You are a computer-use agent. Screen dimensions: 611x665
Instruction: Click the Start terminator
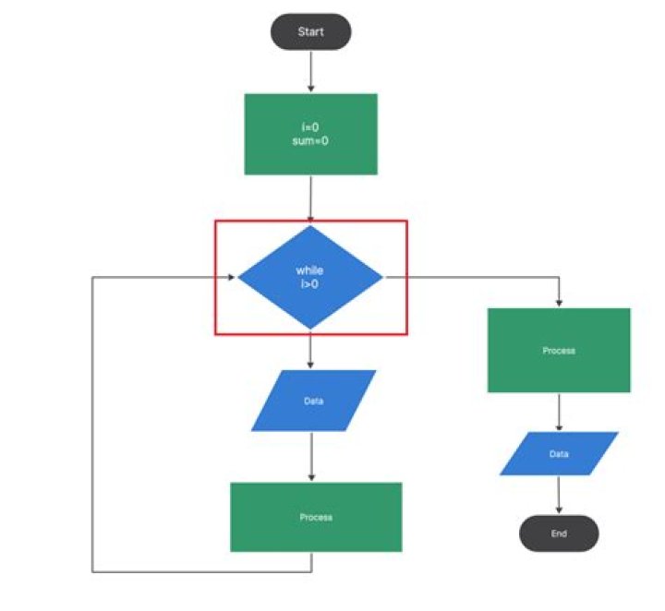310,31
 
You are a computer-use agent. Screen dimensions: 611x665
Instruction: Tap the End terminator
558,533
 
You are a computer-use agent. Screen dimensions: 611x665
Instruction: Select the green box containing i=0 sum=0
310,134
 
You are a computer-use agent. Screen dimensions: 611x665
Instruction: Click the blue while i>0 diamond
310,276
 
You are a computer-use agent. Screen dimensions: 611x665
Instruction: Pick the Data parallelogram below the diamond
313,401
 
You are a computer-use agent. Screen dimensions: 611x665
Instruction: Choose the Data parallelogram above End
559,454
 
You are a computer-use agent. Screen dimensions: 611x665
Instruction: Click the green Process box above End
559,351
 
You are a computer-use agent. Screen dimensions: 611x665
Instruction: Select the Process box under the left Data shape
315,517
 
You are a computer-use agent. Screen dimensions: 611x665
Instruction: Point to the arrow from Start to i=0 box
310,71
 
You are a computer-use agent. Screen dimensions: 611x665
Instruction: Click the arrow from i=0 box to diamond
310,198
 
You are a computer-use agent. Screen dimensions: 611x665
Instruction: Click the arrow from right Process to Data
559,412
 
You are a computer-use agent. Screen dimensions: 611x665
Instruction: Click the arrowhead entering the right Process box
559,304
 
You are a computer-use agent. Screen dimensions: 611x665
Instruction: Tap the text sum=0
310,142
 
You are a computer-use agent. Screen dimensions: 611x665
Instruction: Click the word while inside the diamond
310,270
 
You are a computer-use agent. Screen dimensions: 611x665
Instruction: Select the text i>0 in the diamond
310,282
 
